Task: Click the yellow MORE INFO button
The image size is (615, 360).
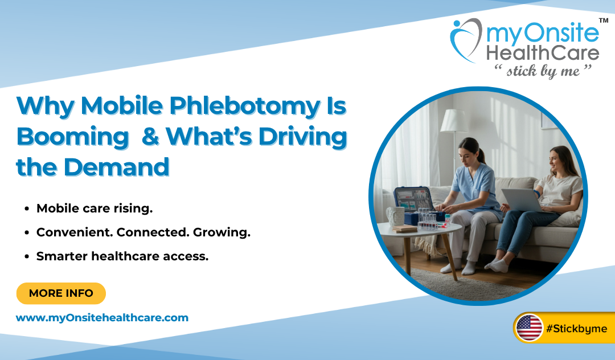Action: (x=61, y=293)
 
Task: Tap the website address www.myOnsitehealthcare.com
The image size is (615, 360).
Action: (x=102, y=318)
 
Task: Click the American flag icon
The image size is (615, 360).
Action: (x=530, y=328)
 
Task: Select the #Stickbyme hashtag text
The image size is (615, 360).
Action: (x=576, y=329)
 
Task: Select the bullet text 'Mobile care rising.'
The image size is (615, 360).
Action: (x=95, y=208)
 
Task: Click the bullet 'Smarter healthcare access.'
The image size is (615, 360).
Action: (x=122, y=256)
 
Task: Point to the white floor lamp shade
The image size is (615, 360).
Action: (x=454, y=121)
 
